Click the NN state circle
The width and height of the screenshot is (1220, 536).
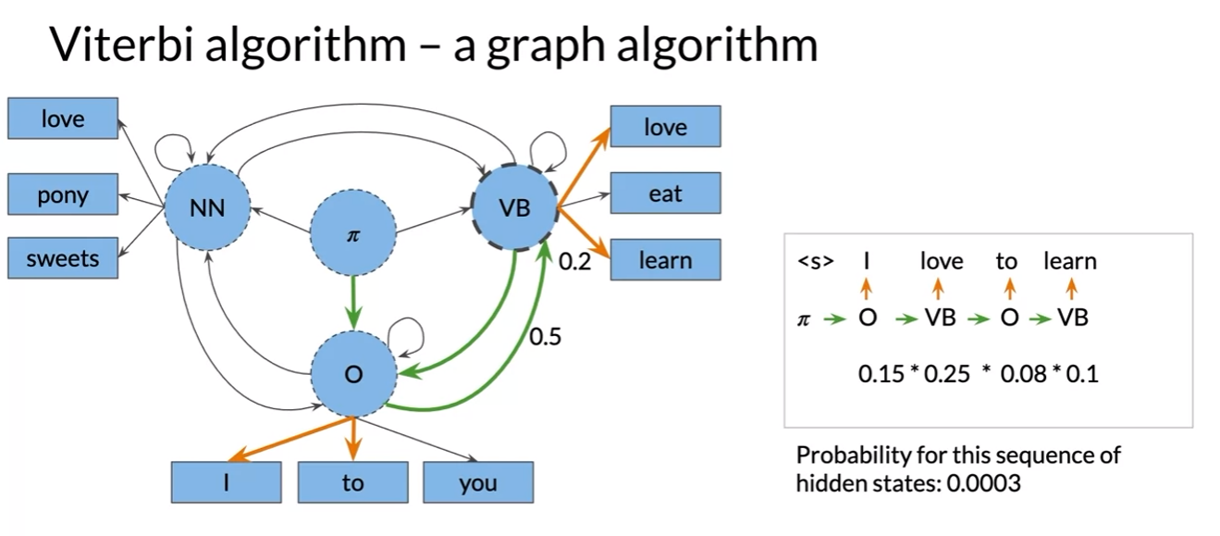pyautogui.click(x=207, y=208)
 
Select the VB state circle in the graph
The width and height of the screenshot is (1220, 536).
pyautogui.click(x=514, y=208)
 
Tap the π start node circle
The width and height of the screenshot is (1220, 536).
pyautogui.click(x=351, y=234)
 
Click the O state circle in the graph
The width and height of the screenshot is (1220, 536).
pyautogui.click(x=352, y=374)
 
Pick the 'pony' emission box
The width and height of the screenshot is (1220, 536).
pyautogui.click(x=63, y=195)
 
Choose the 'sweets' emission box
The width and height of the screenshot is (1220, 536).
pyautogui.click(x=63, y=258)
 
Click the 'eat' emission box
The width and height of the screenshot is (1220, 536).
pyautogui.click(x=665, y=194)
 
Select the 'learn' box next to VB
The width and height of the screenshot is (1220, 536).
pyautogui.click(x=665, y=260)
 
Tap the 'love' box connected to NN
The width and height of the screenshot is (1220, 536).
pyautogui.click(x=63, y=118)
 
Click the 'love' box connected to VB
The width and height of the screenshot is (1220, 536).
pyautogui.click(x=665, y=127)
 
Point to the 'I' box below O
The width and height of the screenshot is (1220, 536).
pyautogui.click(x=226, y=482)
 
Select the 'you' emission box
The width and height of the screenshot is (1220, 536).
pyautogui.click(x=477, y=482)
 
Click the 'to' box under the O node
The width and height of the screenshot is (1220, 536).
pyautogui.click(x=352, y=482)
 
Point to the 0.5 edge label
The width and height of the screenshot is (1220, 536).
pyautogui.click(x=545, y=337)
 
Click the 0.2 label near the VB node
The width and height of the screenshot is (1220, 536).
pyautogui.click(x=574, y=262)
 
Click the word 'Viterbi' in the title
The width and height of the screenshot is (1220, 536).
pyautogui.click(x=113, y=44)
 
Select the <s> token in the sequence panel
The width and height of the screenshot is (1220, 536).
pyautogui.click(x=815, y=262)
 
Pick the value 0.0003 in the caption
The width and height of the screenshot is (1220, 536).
pyautogui.click(x=984, y=482)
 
